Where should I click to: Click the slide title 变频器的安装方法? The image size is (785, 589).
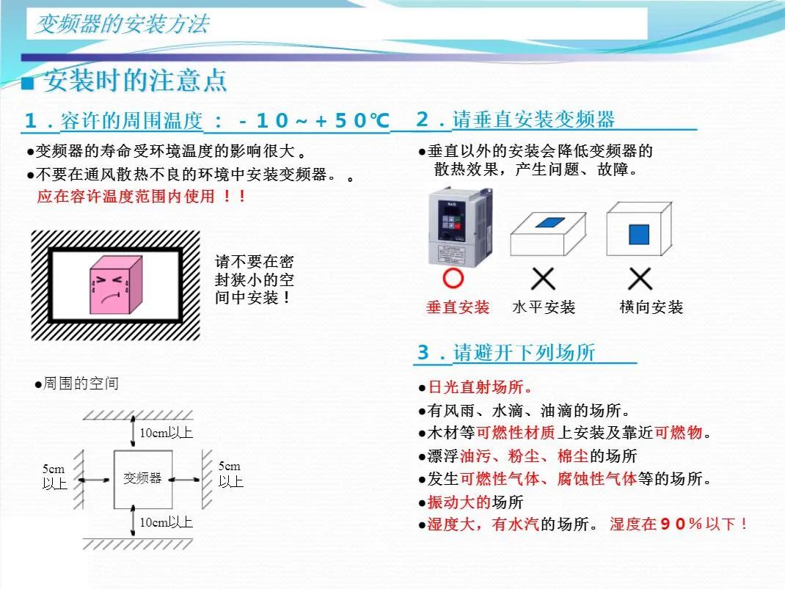tap(123, 25)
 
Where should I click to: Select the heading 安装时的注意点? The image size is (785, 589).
tap(135, 81)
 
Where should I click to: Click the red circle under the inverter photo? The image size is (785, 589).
tap(454, 279)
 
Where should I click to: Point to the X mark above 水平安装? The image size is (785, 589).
tap(543, 279)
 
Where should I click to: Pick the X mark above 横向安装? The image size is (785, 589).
tap(640, 279)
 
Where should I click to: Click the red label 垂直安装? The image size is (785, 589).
tap(458, 307)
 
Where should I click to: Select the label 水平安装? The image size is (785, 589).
tap(544, 307)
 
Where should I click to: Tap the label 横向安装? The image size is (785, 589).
tap(651, 307)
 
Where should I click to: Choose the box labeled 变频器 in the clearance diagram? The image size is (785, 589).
tap(142, 478)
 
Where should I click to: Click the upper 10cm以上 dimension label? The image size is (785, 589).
tap(166, 433)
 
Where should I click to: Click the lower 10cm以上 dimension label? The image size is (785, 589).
tap(166, 522)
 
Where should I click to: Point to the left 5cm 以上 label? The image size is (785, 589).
tap(54, 476)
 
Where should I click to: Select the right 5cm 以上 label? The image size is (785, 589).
tap(230, 474)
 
